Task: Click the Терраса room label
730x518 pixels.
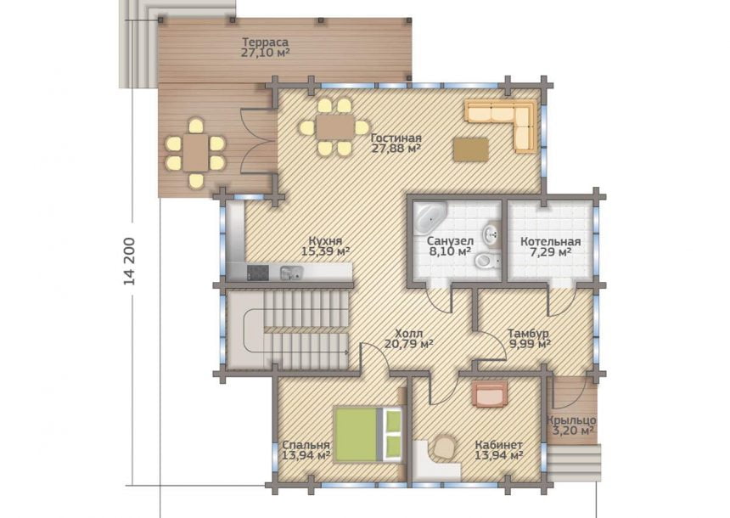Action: [x=265, y=42]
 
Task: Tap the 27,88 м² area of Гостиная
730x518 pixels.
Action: [x=396, y=149]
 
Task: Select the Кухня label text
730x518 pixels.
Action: [x=325, y=241]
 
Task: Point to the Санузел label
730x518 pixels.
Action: [x=450, y=241]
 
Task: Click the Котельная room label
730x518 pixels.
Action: [x=551, y=242]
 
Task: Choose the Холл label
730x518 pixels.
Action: [x=409, y=334]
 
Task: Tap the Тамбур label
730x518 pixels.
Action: [x=528, y=334]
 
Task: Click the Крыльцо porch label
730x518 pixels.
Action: [x=571, y=420]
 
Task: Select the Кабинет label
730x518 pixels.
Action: [x=498, y=445]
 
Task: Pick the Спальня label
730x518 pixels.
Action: [x=306, y=445]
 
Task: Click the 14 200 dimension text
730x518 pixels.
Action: [x=129, y=262]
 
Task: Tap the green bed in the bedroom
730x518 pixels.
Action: [x=368, y=435]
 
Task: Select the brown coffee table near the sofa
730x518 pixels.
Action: [x=472, y=149]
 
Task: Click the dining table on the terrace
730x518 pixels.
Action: [x=195, y=153]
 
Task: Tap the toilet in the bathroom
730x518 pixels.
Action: [x=486, y=261]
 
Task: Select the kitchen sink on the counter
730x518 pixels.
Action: [x=291, y=273]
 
